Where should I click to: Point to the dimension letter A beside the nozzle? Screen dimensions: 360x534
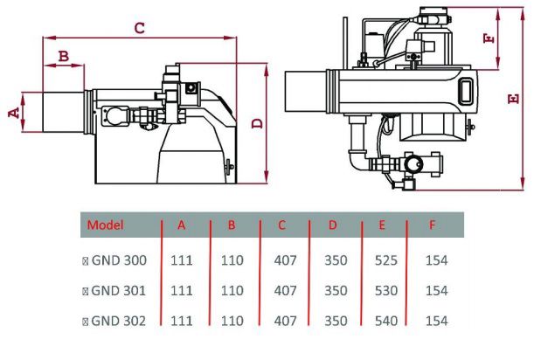pos(12,112)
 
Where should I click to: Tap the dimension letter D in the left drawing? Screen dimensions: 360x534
pos(257,123)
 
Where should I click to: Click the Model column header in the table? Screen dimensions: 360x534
pos(106,225)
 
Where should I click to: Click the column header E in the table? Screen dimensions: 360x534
pos(383,225)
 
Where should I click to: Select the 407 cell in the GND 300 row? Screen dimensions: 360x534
pos(285,260)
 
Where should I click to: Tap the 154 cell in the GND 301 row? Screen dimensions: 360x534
pos(435,290)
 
